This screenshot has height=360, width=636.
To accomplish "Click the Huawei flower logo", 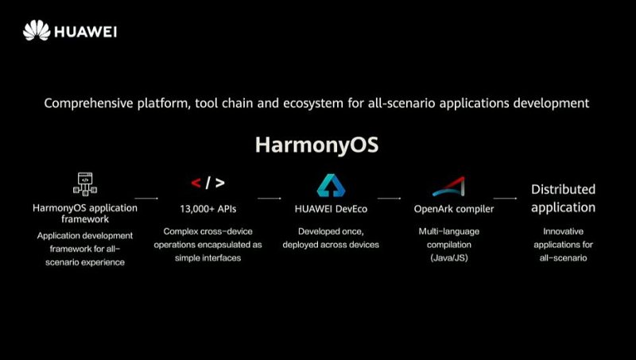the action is [x=37, y=30].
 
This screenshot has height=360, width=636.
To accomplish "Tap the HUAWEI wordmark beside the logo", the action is [x=86, y=32].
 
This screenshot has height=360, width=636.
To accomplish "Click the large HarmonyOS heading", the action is [x=316, y=145].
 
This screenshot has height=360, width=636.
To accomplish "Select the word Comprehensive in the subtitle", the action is [x=88, y=103].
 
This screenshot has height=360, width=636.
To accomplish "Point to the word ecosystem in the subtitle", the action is [x=313, y=103].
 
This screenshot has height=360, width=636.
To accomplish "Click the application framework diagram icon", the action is [x=85, y=184].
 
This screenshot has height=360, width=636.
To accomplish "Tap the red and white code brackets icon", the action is [x=207, y=183].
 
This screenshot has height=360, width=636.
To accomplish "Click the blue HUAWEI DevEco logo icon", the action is [x=331, y=185].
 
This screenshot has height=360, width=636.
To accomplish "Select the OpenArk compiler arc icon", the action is [x=449, y=186].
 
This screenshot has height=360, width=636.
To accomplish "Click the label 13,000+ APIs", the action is [x=208, y=209].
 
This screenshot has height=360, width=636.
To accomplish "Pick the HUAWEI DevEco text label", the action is [x=331, y=209].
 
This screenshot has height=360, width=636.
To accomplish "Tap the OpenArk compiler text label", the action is [x=454, y=209].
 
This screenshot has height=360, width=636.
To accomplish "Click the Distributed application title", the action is [x=564, y=198].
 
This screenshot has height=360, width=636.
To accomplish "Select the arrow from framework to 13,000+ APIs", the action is [x=146, y=198].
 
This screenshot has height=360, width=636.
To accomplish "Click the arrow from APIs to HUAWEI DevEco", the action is [x=270, y=198].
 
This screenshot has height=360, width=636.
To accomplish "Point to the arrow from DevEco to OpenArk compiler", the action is [x=390, y=198].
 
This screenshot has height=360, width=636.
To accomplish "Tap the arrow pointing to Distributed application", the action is [x=506, y=198].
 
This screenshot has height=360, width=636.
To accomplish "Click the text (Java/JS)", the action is [x=449, y=257].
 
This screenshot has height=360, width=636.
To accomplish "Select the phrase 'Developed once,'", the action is [x=331, y=231].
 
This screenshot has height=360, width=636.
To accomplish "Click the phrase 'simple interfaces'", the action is [x=208, y=257].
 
